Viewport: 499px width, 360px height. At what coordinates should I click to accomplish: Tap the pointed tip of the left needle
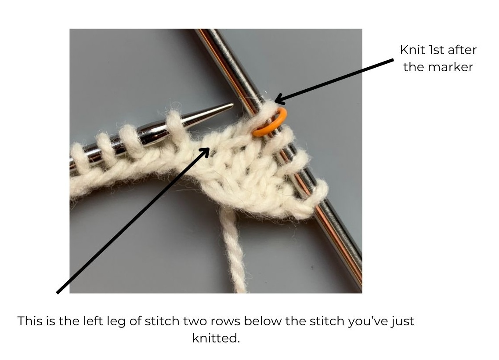pos(233,104)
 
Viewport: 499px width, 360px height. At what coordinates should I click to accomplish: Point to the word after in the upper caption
pos(462,50)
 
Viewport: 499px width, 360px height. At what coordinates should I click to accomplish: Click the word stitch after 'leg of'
pos(162,321)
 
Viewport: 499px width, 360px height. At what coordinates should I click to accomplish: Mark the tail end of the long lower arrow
pos(58,292)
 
